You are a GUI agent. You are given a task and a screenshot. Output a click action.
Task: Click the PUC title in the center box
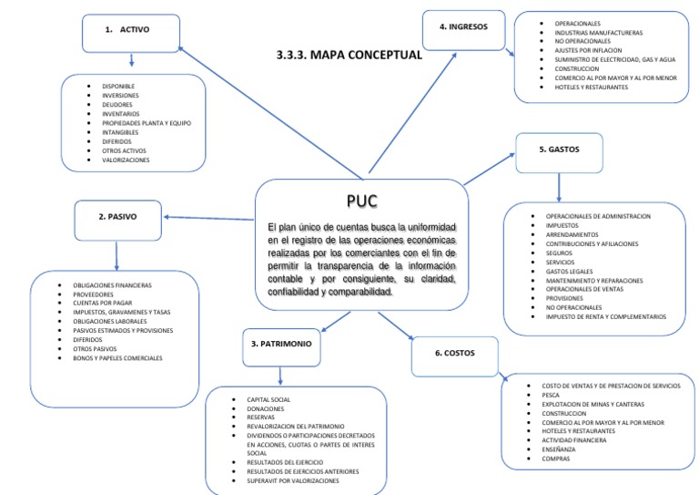coord(361,201)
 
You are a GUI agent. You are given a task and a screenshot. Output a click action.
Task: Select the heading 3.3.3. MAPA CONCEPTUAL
coord(349,55)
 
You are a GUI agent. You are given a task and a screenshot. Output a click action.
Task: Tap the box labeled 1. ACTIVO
coord(132,31)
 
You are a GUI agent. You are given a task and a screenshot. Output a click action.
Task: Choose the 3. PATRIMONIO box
coord(282,344)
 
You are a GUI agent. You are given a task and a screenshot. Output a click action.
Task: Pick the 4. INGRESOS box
coord(463,28)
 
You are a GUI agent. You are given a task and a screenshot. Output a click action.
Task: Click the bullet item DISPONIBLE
coord(118,87)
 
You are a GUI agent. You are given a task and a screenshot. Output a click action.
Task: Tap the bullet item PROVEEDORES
coord(93,294)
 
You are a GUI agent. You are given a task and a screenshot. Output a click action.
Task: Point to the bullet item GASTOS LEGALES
coord(567,272)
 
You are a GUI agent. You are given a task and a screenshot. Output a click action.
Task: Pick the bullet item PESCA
coord(551,395)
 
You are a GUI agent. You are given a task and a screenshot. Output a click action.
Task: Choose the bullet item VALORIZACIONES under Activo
coord(127,160)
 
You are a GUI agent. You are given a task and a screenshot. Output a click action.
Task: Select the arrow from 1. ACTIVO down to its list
coord(132,61)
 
